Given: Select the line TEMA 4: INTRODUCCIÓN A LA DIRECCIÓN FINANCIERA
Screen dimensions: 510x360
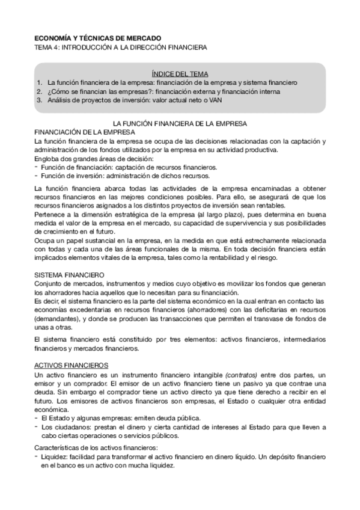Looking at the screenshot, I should click(120, 46).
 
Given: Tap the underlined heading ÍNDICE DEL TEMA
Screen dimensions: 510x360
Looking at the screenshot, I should click(180, 72).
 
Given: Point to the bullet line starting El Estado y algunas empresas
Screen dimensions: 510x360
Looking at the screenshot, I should click(120, 418).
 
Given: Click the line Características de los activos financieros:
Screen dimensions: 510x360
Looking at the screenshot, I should click(96, 448).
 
